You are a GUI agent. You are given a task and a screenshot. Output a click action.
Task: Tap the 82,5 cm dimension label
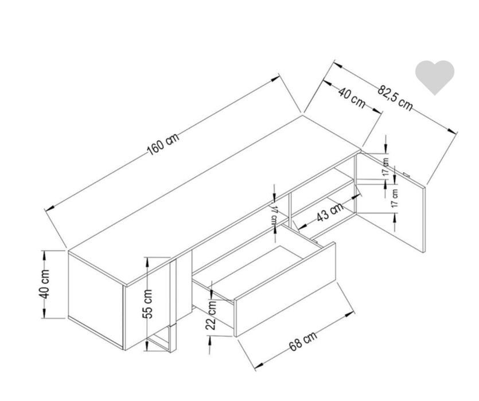(395, 98)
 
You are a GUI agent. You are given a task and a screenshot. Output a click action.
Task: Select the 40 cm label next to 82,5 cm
(352, 97)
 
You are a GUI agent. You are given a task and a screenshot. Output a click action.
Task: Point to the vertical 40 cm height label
(44, 284)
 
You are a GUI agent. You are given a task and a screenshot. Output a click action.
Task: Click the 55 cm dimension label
(147, 304)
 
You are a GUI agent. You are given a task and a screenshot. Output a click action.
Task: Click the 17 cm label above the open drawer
(274, 216)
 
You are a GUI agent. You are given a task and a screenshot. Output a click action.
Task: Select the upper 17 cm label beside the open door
(386, 167)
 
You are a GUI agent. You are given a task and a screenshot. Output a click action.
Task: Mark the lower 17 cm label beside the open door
(395, 198)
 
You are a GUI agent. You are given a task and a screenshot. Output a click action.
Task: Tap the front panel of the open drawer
(286, 289)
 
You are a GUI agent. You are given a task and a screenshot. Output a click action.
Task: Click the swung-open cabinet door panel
(392, 201)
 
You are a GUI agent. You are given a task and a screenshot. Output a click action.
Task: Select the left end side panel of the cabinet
(96, 300)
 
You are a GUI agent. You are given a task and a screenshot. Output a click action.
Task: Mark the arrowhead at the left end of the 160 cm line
(49, 208)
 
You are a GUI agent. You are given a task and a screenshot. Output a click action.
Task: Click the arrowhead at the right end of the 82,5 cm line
(452, 131)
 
